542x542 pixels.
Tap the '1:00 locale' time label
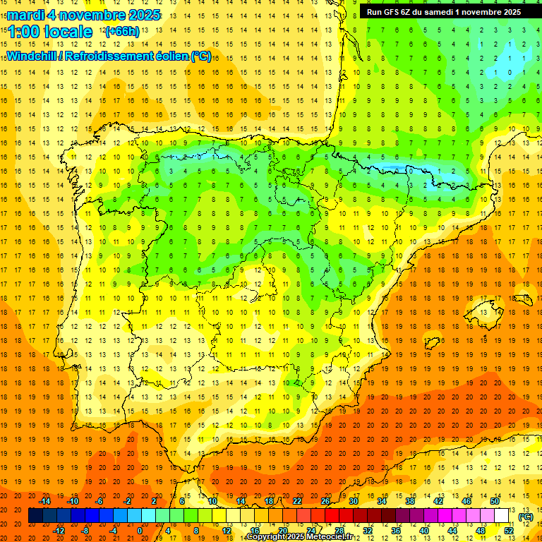click(50, 32)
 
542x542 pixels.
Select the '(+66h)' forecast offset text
click(121, 32)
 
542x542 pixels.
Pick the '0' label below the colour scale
click(140, 531)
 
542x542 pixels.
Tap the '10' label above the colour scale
click(212, 501)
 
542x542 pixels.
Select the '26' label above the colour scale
click(325, 501)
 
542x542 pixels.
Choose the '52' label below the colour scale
click(509, 531)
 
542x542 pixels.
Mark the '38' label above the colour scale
click(410, 501)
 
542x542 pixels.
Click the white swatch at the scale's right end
click(502, 516)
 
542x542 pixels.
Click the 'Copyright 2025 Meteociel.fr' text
click(299, 537)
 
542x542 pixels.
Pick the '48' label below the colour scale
click(481, 531)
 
